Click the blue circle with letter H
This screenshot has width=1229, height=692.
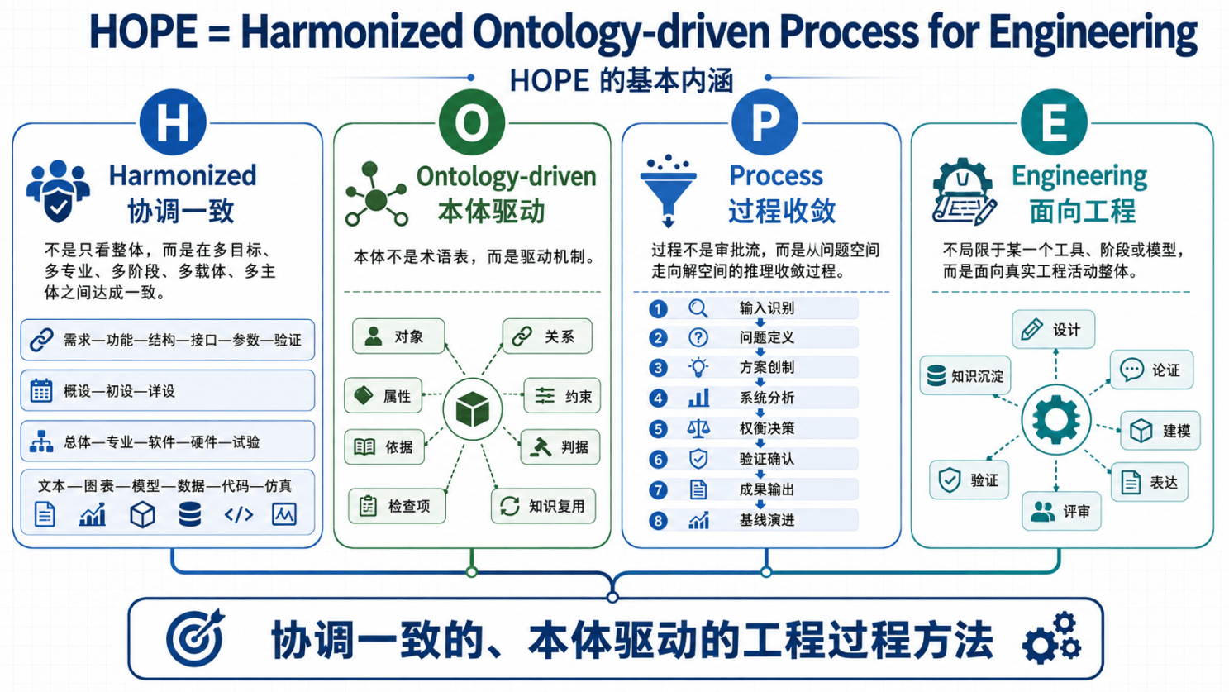tap(173, 122)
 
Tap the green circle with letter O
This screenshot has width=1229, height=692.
tap(472, 122)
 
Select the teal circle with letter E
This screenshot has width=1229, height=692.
tap(1054, 122)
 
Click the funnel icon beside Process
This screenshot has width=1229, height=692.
tap(669, 190)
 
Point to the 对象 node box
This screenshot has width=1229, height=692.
tap(398, 336)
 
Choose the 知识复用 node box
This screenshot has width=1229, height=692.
tap(543, 506)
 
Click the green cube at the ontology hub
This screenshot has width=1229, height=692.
tap(473, 409)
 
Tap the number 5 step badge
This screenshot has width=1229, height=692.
tap(658, 428)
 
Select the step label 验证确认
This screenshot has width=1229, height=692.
tap(766, 459)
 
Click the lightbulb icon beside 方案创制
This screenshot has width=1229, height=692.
tap(698, 367)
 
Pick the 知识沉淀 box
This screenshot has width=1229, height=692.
tap(965, 376)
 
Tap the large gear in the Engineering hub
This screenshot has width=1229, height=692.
tap(1056, 420)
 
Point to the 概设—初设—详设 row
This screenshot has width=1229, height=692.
tap(168, 391)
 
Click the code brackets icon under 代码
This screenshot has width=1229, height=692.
tap(239, 515)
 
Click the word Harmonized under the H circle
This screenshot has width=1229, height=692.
tap(183, 175)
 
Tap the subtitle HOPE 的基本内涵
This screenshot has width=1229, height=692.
tap(621, 81)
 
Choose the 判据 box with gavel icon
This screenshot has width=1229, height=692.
tap(560, 447)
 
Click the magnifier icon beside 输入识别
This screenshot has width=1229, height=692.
tap(698, 308)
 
